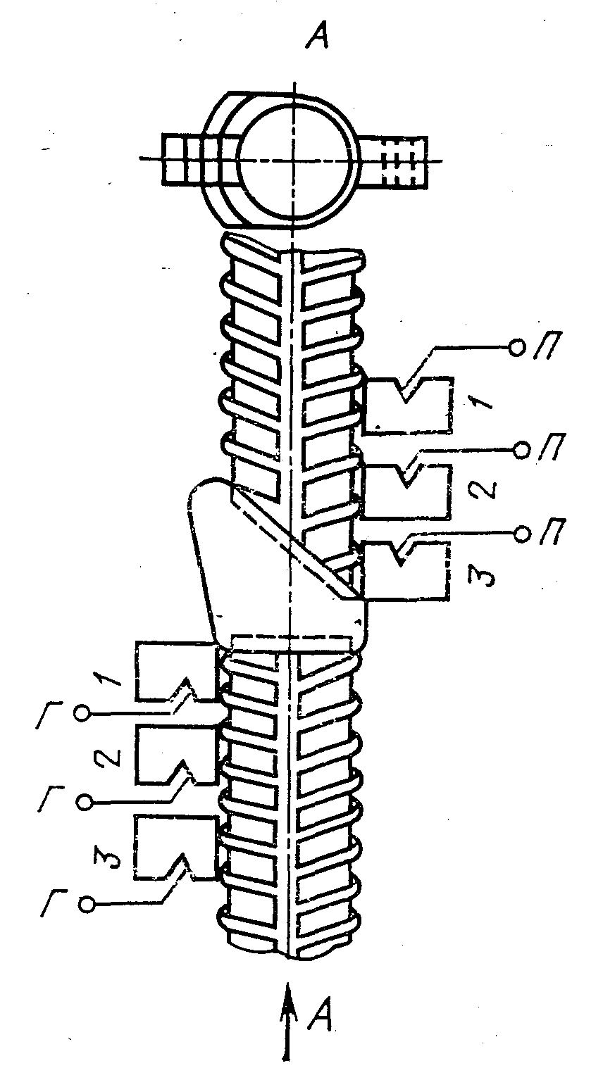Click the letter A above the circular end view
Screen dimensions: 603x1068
(317, 36)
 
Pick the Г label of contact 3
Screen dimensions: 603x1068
(54, 903)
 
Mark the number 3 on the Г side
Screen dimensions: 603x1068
(108, 856)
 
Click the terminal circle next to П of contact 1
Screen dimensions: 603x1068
(516, 348)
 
